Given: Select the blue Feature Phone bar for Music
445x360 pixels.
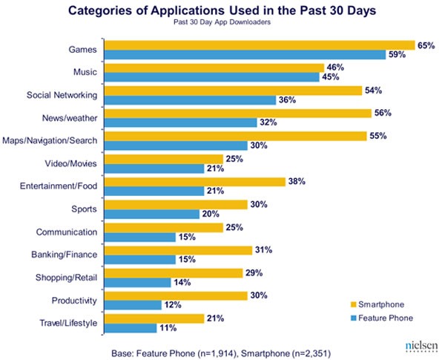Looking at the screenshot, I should (x=212, y=77).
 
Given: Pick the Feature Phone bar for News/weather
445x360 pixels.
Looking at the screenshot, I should (x=181, y=122).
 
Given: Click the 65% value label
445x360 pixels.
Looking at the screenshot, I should (x=426, y=45).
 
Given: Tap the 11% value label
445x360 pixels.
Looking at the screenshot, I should (x=168, y=328).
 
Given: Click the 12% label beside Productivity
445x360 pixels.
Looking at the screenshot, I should (x=172, y=305).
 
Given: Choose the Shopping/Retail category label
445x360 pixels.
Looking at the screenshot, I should (x=67, y=278).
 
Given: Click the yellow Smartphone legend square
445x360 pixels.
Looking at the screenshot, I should (x=354, y=304).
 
